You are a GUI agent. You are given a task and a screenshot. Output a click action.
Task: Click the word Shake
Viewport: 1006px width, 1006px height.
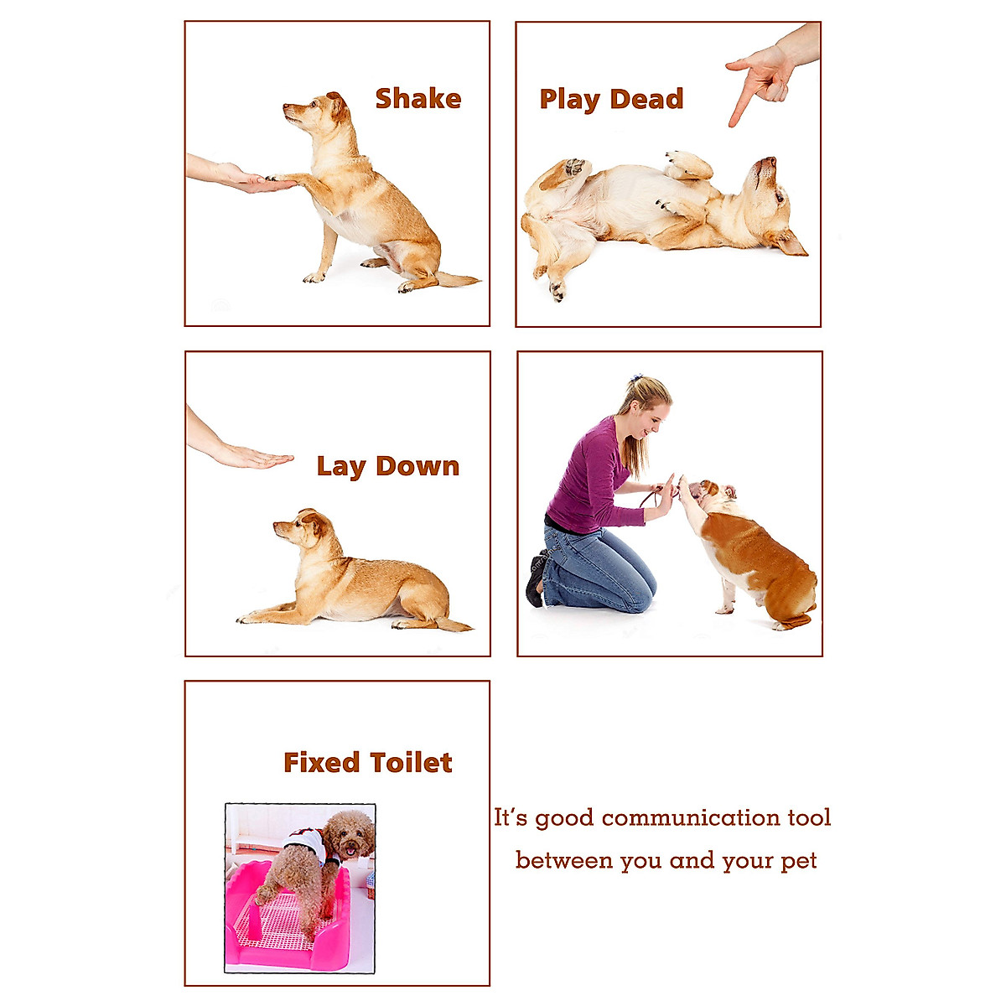pyautogui.click(x=417, y=99)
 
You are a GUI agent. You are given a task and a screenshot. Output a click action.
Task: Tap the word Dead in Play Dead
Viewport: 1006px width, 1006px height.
pyautogui.click(x=646, y=99)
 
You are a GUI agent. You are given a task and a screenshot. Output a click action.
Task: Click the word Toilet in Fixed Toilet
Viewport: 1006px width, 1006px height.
pyautogui.click(x=411, y=763)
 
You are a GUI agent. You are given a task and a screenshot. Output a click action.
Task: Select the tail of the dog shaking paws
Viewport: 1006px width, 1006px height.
pyautogui.click(x=457, y=279)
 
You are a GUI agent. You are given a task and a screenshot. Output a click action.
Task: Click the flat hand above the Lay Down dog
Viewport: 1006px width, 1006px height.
pyautogui.click(x=251, y=458)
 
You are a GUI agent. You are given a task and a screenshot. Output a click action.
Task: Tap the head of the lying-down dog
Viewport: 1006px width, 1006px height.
pyautogui.click(x=303, y=527)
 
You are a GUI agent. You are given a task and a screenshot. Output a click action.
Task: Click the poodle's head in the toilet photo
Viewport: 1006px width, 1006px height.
pyautogui.click(x=349, y=833)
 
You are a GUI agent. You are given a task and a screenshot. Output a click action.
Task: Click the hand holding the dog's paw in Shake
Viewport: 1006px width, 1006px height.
pyautogui.click(x=243, y=179)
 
